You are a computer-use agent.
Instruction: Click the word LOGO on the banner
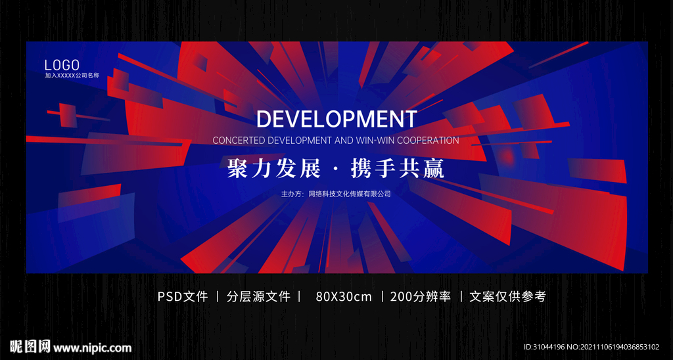pyautogui.click(x=62, y=65)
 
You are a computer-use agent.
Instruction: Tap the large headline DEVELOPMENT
pyautogui.click(x=336, y=119)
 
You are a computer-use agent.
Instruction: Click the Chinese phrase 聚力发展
pyautogui.click(x=273, y=169)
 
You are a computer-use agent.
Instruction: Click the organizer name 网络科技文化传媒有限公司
pyautogui.click(x=350, y=194)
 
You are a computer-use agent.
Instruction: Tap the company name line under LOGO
pyautogui.click(x=72, y=76)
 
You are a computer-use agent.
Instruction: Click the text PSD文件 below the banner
pyautogui.click(x=183, y=296)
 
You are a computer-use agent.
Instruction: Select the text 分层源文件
pyautogui.click(x=259, y=296)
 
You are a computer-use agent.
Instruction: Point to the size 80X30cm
pyautogui.click(x=344, y=296)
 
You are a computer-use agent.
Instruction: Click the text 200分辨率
pyautogui.click(x=421, y=296)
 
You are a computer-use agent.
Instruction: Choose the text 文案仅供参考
pyautogui.click(x=508, y=296)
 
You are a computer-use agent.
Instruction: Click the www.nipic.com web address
pyautogui.click(x=92, y=348)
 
